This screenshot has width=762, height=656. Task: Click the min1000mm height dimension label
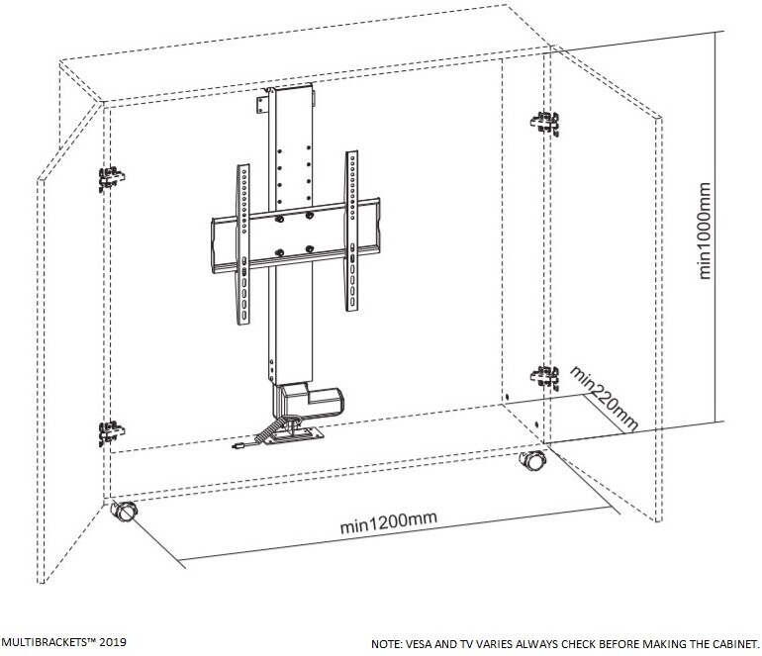click(x=705, y=231)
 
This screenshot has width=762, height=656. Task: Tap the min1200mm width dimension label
click(x=388, y=522)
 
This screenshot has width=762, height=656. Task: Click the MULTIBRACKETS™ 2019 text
click(x=63, y=642)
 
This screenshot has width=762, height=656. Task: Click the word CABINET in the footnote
click(x=736, y=644)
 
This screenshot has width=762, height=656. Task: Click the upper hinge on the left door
click(x=111, y=178)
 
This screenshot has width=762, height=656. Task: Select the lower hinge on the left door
click(x=111, y=432)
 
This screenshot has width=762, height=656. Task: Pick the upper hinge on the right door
click(x=544, y=123)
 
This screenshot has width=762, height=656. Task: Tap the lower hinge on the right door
click(x=544, y=378)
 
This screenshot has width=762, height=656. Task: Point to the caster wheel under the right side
click(x=533, y=460)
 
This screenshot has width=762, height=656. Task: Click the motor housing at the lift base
click(x=308, y=400)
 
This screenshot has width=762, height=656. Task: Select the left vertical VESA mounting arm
click(x=243, y=244)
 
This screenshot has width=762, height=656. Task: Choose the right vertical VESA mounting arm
click(x=352, y=231)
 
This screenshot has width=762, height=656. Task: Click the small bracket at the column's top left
click(x=262, y=105)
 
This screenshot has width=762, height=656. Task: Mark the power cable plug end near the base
click(x=238, y=445)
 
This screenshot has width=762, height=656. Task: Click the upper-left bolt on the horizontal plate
click(x=279, y=219)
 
